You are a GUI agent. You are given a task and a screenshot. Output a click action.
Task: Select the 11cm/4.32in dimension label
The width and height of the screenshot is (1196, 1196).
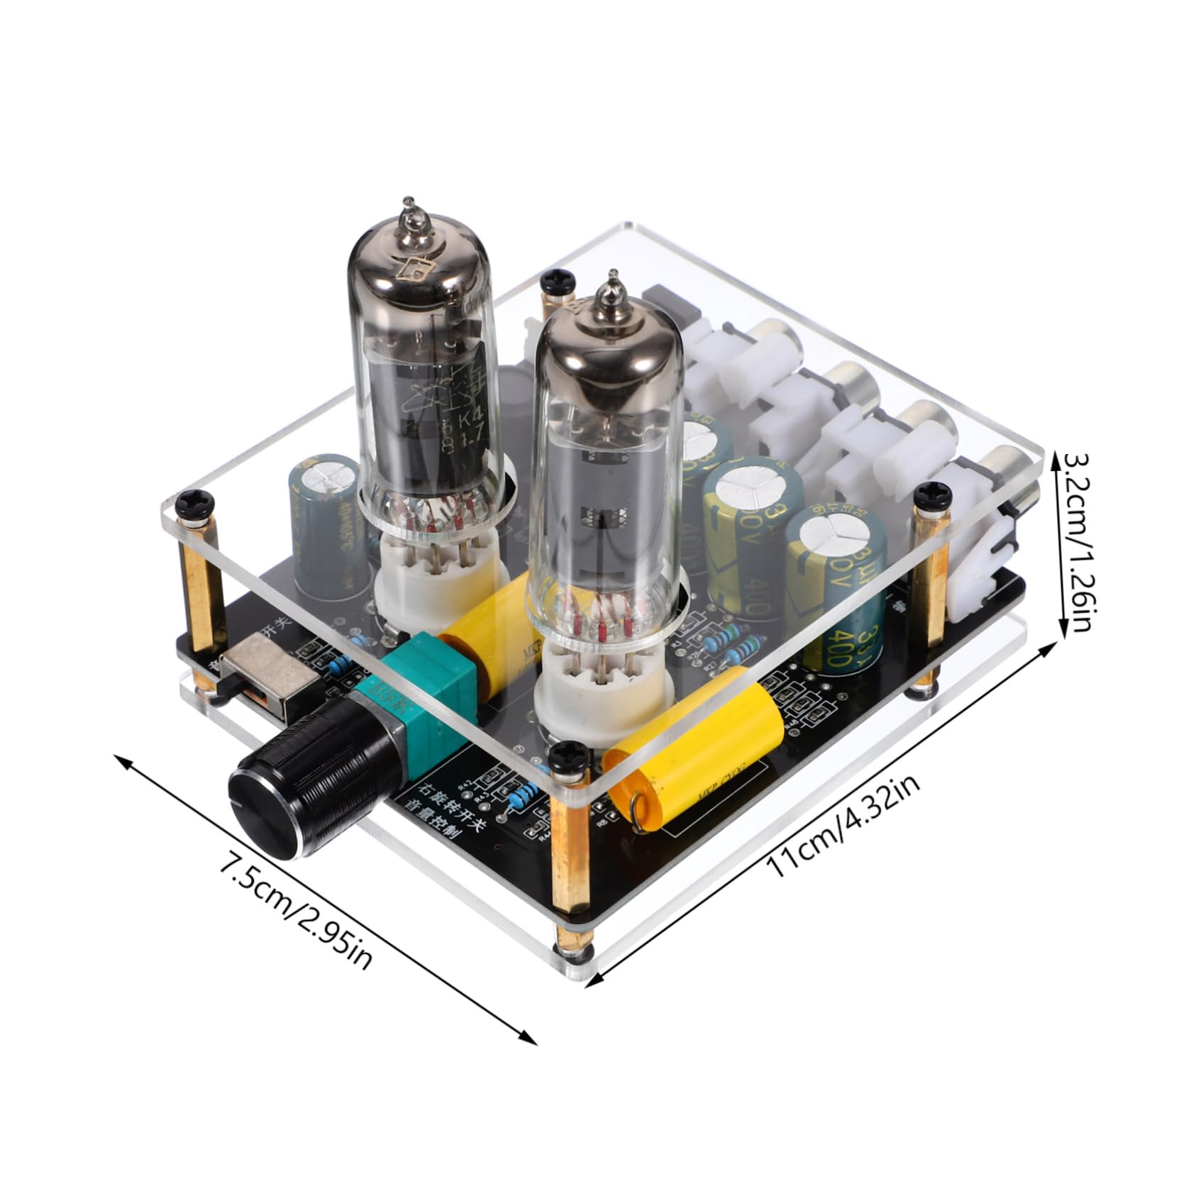coord(844,826)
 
